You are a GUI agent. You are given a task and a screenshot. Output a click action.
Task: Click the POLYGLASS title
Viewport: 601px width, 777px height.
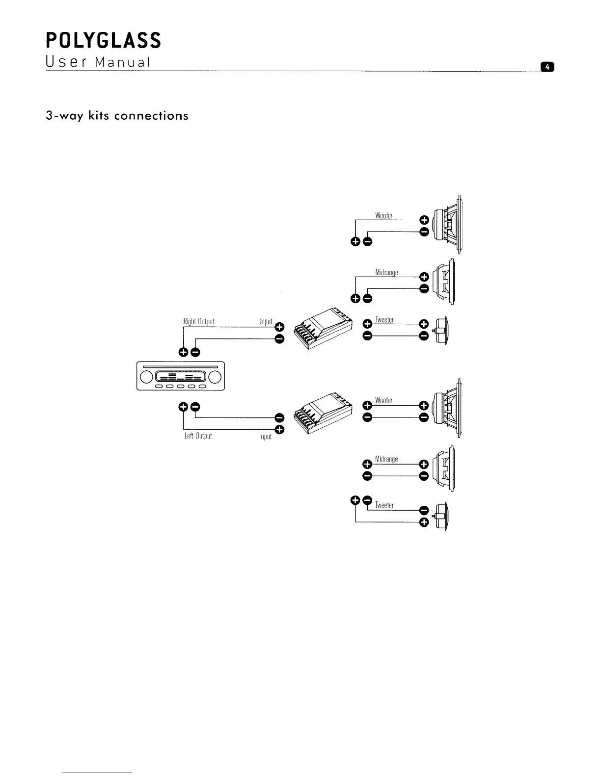click(x=103, y=40)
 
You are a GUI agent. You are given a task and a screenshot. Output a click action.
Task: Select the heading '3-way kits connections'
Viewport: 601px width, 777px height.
click(x=117, y=116)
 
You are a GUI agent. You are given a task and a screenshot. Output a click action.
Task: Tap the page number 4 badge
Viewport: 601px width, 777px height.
click(x=546, y=67)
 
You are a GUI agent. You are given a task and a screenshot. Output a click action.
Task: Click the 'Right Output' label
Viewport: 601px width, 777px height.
click(x=199, y=322)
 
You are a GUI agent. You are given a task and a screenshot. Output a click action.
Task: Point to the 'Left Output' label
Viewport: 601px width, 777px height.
click(x=198, y=436)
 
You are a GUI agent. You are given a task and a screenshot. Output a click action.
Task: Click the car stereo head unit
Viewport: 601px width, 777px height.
click(x=180, y=376)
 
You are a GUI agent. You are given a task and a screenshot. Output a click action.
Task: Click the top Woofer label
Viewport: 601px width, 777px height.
click(x=383, y=216)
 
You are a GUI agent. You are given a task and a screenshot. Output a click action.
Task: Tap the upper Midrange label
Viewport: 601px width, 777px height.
click(x=386, y=273)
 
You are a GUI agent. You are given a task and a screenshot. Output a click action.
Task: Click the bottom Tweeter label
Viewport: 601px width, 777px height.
click(x=384, y=505)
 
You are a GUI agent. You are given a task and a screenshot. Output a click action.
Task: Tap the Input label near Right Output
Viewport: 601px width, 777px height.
click(x=266, y=322)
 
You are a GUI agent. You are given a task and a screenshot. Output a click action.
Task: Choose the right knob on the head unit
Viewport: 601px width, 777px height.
click(x=214, y=377)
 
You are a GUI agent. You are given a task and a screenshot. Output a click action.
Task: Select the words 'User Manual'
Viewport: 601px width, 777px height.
click(x=97, y=63)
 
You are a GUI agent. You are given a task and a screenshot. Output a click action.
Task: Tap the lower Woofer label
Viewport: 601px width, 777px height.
click(x=383, y=400)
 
